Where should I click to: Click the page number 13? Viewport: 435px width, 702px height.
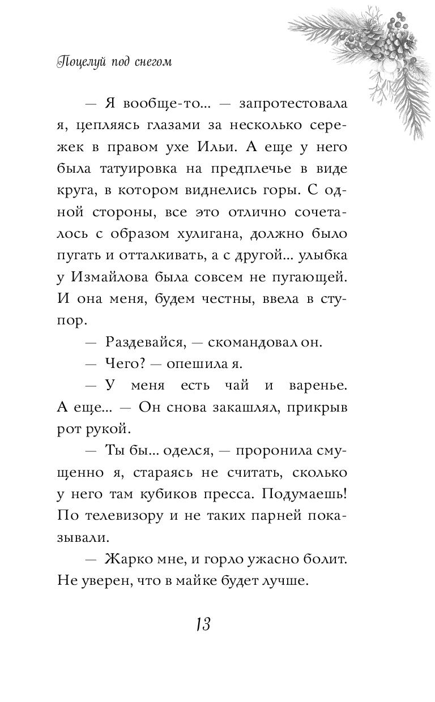[202, 625]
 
